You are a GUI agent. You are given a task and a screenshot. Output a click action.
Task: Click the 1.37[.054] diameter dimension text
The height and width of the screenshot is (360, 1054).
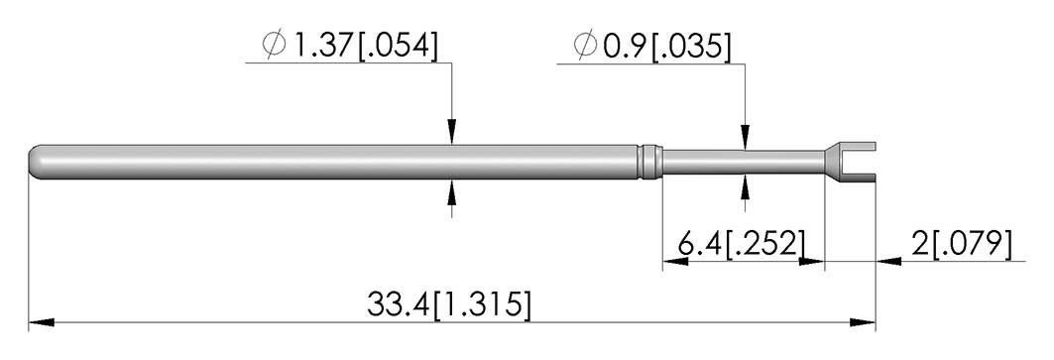363,46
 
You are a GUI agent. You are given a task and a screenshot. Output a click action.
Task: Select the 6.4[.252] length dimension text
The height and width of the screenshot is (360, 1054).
741,244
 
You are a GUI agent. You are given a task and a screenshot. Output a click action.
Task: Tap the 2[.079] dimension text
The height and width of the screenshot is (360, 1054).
961,244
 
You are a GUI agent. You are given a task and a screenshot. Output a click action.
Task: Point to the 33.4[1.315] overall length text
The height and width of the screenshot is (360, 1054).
448,304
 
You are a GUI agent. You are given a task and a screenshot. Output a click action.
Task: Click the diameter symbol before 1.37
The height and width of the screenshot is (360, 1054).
275,46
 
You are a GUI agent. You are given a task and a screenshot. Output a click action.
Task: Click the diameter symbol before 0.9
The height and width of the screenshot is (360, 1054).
585,46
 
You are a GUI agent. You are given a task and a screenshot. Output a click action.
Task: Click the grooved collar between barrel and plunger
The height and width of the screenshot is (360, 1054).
649,163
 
